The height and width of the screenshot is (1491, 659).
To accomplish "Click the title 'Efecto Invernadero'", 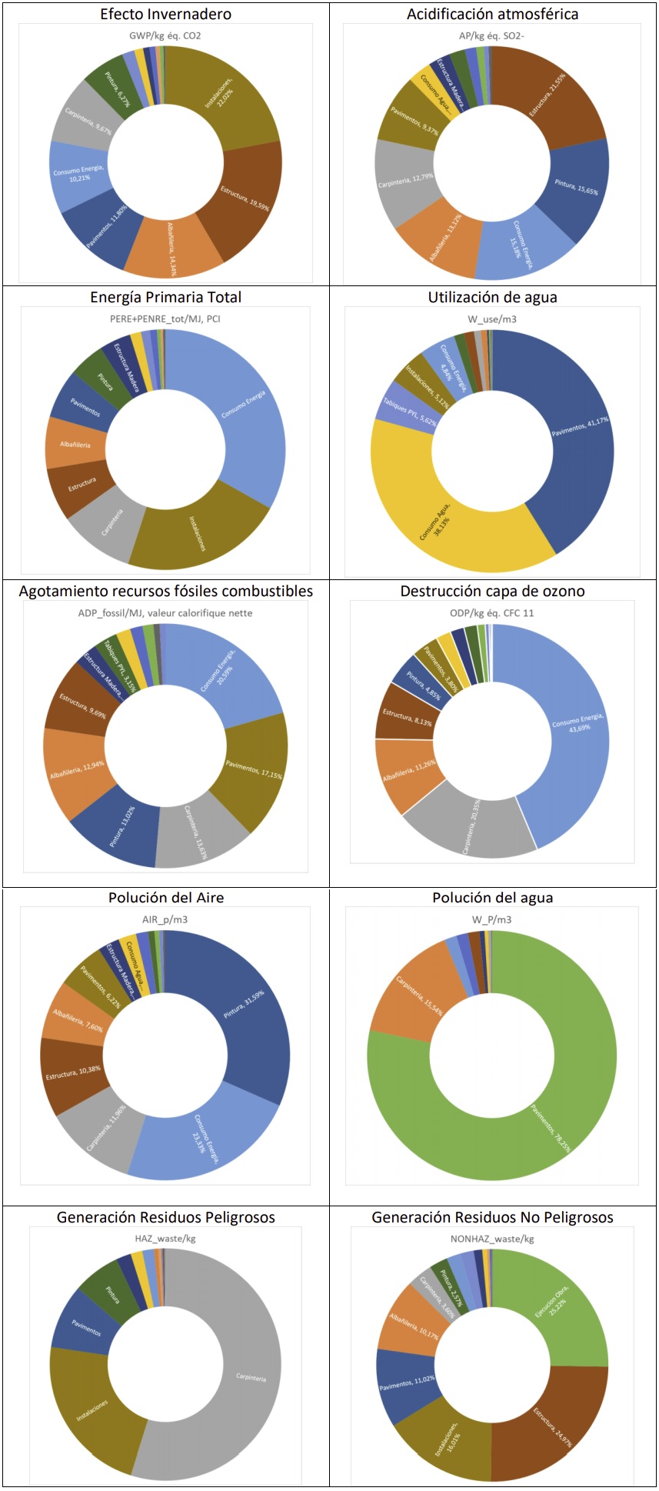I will [x=165, y=14].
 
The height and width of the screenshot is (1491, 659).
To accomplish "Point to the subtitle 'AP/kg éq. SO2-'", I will [x=491, y=35].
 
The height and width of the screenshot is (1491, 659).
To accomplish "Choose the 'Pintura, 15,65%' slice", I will [x=576, y=188].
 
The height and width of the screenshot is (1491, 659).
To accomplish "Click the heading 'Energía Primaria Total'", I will [x=165, y=297].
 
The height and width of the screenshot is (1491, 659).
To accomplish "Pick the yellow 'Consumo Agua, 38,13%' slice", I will [x=438, y=519].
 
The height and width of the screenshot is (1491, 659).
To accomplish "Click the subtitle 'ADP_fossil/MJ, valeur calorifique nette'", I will [x=165, y=613].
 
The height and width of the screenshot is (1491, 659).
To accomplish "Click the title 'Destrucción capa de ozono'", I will [x=492, y=591].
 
